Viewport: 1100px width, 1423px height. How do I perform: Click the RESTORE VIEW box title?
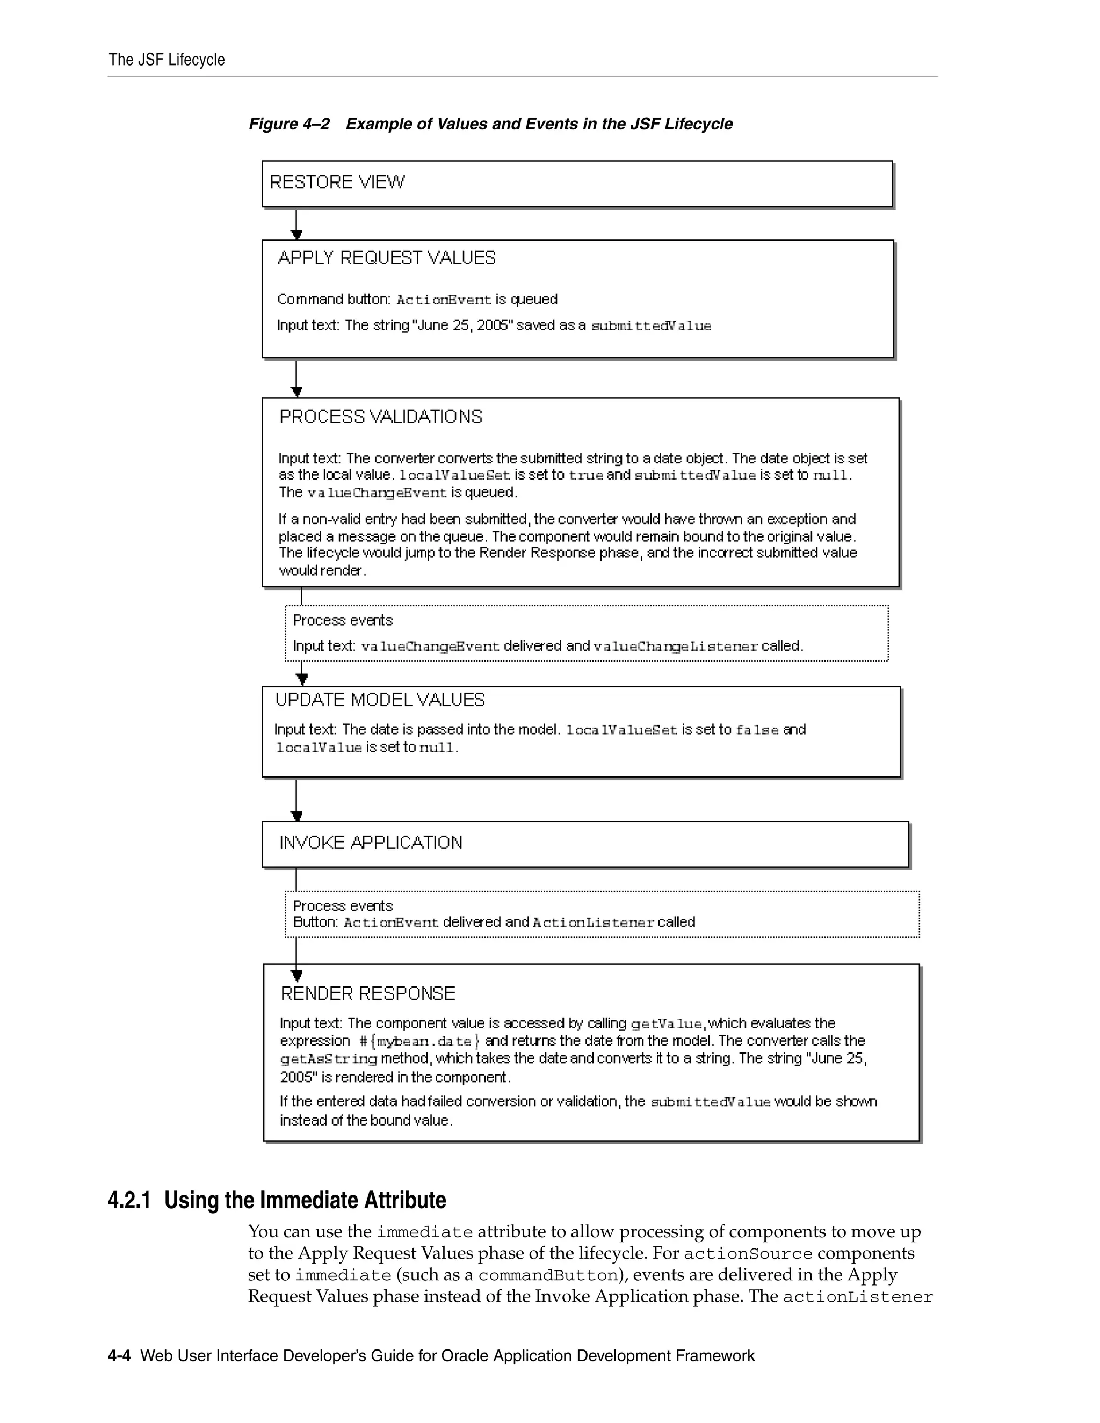click(337, 182)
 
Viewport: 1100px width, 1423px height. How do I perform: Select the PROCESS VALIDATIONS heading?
click(381, 417)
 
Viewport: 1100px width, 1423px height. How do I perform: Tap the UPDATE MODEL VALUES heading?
click(380, 700)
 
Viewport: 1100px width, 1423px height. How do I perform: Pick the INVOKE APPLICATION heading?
click(371, 843)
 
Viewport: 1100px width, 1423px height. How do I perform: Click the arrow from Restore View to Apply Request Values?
click(296, 225)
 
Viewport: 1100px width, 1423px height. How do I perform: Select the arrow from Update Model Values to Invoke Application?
click(296, 800)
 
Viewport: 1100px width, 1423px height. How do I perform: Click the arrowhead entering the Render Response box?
click(296, 975)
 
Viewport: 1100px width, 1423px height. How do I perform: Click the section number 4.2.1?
click(129, 1200)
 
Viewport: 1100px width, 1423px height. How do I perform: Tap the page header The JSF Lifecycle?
click(167, 60)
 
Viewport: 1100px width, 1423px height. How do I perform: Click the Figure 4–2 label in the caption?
click(290, 124)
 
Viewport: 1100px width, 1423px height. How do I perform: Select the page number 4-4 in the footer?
click(119, 1356)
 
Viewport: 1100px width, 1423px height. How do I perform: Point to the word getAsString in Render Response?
click(328, 1059)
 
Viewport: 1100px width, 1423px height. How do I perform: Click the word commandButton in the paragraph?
click(547, 1275)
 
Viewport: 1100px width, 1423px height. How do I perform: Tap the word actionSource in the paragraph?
click(748, 1254)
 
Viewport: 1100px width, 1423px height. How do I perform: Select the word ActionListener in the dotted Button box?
click(593, 923)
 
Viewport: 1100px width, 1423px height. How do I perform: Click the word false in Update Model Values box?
click(757, 730)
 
